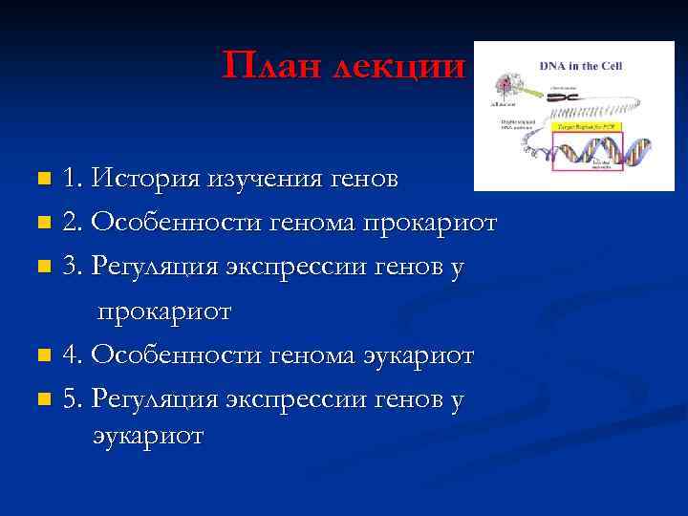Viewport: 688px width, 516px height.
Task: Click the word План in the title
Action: [269, 65]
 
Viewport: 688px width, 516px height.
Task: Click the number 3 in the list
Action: [70, 268]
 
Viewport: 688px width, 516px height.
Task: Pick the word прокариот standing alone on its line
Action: [162, 312]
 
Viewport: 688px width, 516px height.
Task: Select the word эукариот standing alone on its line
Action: [148, 436]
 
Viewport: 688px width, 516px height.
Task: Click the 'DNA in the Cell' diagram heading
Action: [582, 66]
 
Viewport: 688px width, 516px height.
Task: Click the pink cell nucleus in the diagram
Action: [503, 83]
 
